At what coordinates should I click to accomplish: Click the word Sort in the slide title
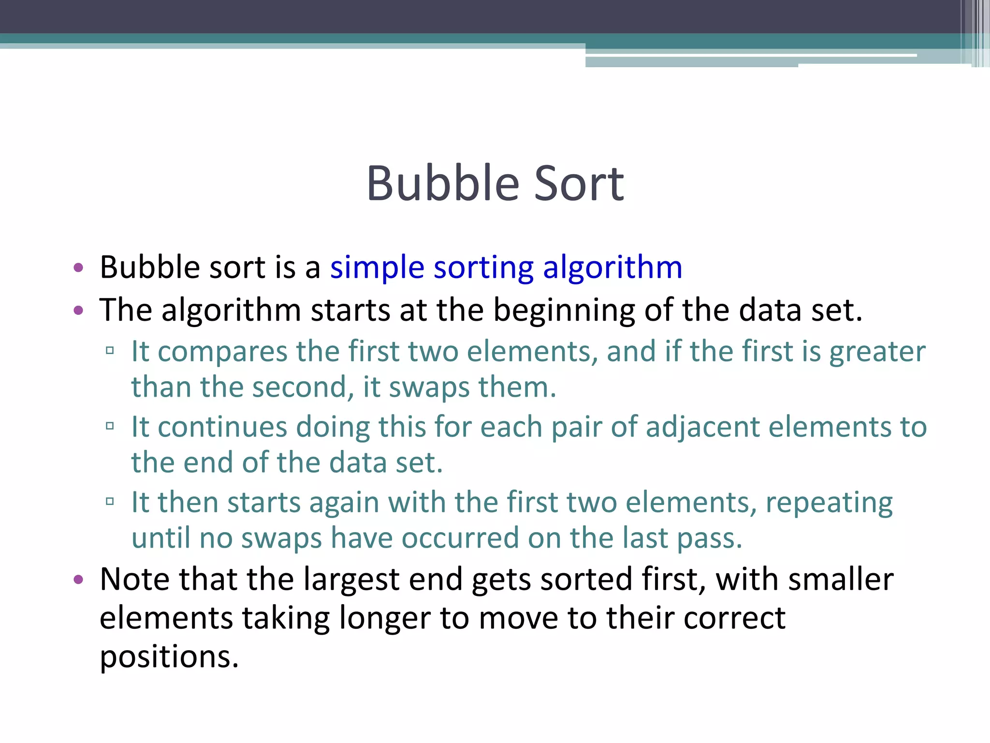[579, 184]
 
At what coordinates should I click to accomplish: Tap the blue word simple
[377, 267]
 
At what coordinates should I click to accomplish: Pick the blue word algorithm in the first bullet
[612, 267]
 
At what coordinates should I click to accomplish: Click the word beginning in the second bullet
[564, 311]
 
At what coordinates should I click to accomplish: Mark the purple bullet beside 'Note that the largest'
[78, 580]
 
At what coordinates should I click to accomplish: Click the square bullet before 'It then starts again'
[110, 501]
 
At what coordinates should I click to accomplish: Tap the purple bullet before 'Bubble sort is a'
[78, 267]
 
